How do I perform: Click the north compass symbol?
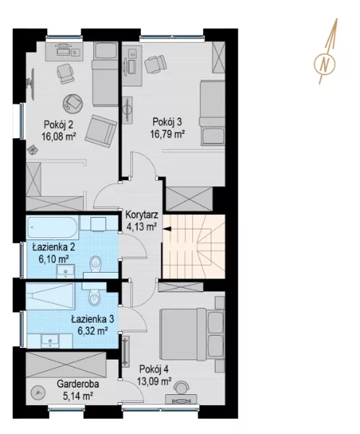coord(325,64)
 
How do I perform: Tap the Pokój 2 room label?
coord(59,124)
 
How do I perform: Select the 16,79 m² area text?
coord(168,135)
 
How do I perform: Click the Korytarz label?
coord(142,215)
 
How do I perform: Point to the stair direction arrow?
coord(167,229)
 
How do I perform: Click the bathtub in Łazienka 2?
coord(52,228)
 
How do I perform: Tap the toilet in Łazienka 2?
coord(95,264)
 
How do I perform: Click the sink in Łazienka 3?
coord(50,341)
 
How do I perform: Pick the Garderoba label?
coord(78,384)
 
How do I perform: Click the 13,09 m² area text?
coord(154,381)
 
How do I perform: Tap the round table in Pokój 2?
coord(73,103)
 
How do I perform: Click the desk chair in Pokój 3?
coord(155,65)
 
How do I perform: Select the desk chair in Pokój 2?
coord(65,74)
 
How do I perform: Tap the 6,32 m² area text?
coord(93,331)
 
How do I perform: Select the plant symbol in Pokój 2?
coord(33,150)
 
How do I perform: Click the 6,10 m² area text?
coord(54,259)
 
